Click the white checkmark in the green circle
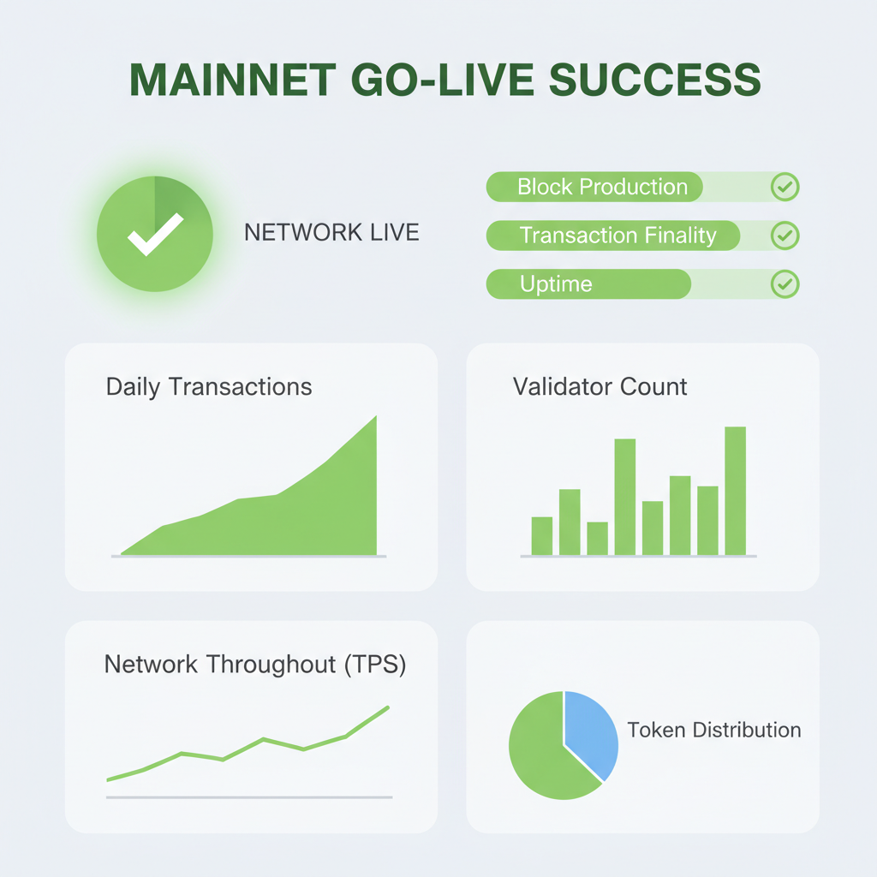coord(155,232)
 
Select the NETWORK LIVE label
coord(331,232)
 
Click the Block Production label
coord(602,187)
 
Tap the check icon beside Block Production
coord(785,187)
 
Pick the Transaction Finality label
coord(617,235)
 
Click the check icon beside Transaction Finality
coord(785,235)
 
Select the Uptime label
coord(556,284)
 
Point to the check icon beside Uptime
coord(785,284)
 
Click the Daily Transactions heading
coord(209,386)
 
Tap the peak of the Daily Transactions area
coord(374,420)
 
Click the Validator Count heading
coord(600,386)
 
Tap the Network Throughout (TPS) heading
coord(255,664)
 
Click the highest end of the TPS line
coord(387,707)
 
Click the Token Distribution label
coord(714,731)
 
